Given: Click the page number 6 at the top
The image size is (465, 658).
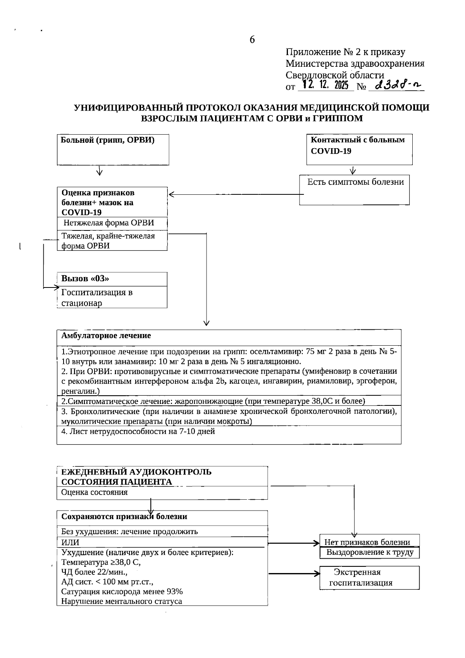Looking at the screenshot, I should (252, 40).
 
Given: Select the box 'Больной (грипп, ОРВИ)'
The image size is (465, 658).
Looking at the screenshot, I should (113, 149).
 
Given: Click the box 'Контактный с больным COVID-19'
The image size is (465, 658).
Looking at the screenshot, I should (359, 149).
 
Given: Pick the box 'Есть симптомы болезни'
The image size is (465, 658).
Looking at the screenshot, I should (355, 189).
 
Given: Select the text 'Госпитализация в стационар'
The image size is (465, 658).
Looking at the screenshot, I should (97, 298).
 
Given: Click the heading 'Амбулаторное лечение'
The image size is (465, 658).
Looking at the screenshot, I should (106, 336).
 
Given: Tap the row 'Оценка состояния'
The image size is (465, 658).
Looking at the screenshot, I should (95, 492).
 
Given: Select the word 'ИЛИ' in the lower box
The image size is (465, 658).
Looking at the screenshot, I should (71, 542).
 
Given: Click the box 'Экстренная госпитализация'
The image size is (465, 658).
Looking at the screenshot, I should (369, 577).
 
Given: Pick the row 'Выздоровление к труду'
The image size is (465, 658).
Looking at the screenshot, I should (369, 552).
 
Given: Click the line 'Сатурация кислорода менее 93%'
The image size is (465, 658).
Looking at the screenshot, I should (122, 591).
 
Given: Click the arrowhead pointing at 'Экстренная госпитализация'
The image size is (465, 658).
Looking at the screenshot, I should (316, 573).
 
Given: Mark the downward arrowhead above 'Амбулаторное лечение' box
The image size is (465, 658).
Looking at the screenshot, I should (207, 322).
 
